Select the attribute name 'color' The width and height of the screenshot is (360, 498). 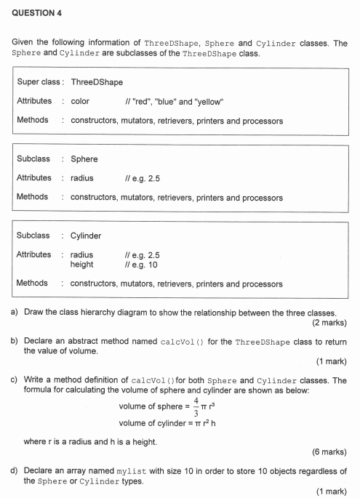click(80, 101)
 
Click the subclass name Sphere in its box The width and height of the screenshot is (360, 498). click(84, 158)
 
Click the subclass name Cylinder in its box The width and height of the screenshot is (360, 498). click(86, 235)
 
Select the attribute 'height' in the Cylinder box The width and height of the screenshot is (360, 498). click(81, 264)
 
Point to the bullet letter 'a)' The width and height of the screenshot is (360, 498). click(15, 313)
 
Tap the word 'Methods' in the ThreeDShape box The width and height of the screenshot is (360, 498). click(33, 120)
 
